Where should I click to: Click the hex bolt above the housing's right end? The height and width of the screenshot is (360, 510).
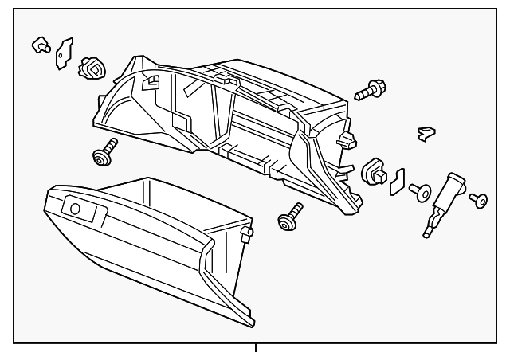369,91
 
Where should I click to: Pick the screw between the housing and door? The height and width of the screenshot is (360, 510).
289,217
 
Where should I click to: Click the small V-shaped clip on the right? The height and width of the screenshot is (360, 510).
428,134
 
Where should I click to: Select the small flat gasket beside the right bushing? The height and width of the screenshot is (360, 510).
397,183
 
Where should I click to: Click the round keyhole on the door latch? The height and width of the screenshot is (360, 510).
76,209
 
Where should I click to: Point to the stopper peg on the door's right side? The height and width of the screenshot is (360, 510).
247,233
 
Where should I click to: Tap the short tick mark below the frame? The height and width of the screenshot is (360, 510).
256,348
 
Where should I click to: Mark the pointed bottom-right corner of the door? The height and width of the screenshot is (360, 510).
253,326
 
